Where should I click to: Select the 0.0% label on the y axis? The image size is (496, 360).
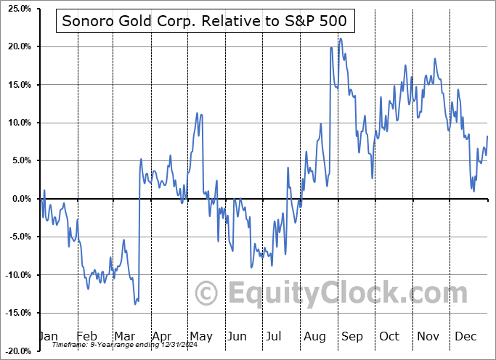pyautogui.click(x=19, y=199)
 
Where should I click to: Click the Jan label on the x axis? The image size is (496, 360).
pyautogui.click(x=48, y=336)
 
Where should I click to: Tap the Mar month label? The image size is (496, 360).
pyautogui.click(x=124, y=336)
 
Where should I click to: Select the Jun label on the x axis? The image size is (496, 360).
pyautogui.click(x=237, y=336)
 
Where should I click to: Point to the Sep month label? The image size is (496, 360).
pyautogui.click(x=352, y=336)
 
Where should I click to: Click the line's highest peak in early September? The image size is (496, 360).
pyautogui.click(x=340, y=38)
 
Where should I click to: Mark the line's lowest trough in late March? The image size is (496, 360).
pyautogui.click(x=135, y=304)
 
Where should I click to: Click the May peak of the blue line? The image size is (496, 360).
pyautogui.click(x=197, y=113)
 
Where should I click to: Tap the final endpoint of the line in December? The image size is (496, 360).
pyautogui.click(x=487, y=136)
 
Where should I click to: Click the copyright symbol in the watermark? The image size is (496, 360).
pyautogui.click(x=207, y=293)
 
